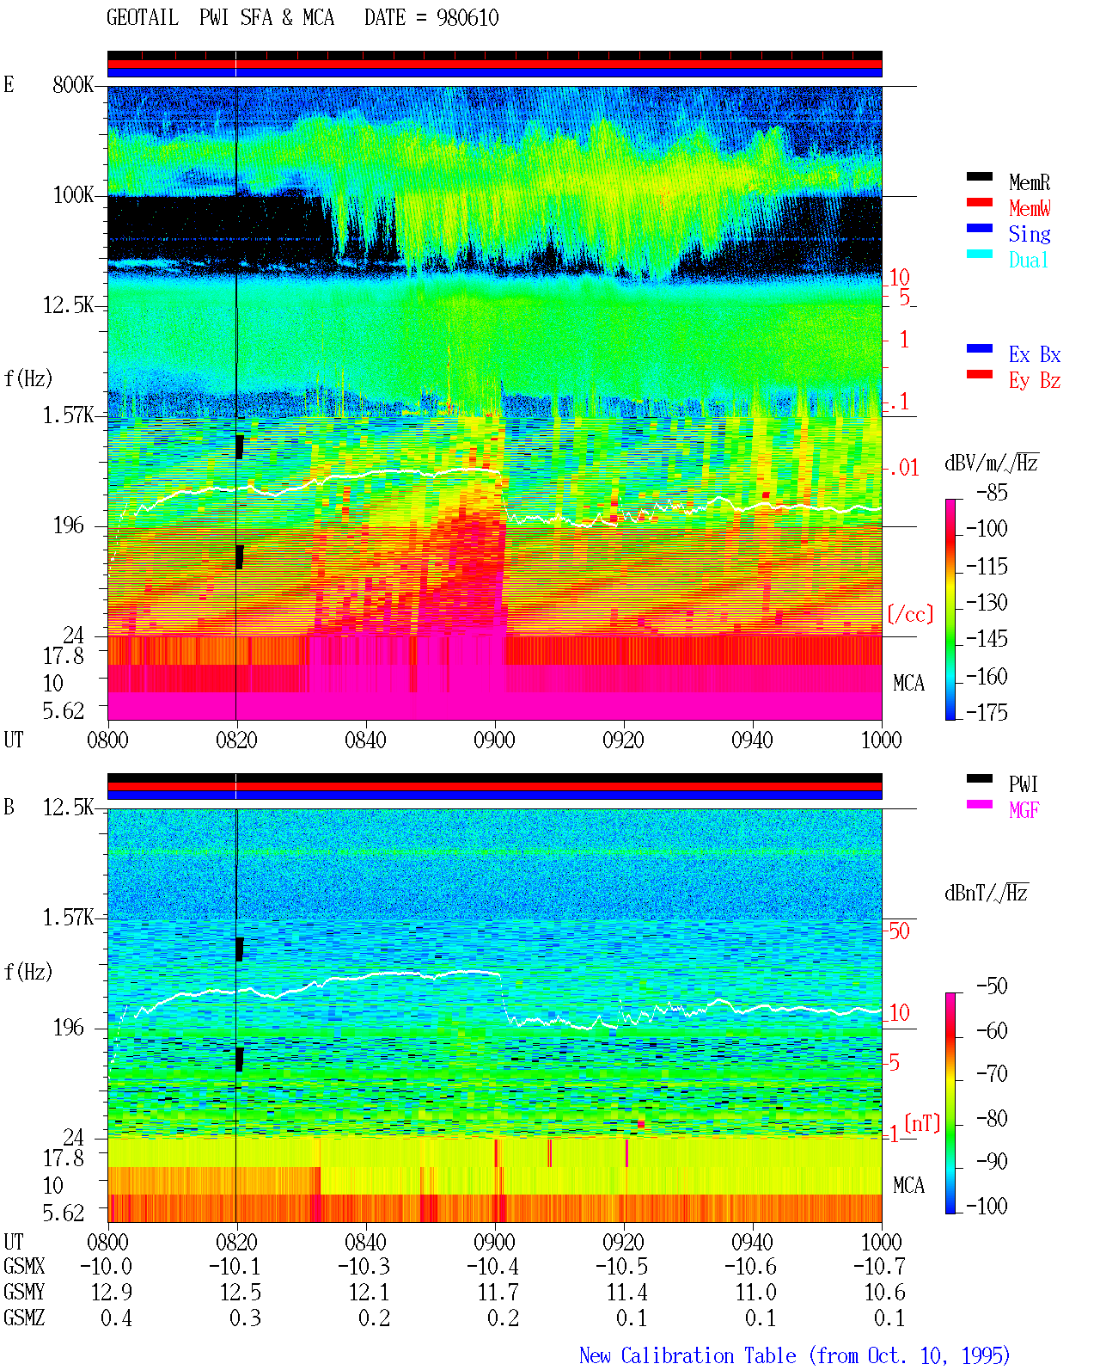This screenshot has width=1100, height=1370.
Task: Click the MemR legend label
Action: click(x=1029, y=182)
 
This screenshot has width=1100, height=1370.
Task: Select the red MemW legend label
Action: click(x=1030, y=208)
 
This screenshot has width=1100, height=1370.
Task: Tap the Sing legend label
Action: click(x=1029, y=234)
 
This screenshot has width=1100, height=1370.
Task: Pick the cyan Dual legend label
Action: click(x=1028, y=260)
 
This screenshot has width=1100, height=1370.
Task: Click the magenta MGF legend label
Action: click(x=1024, y=810)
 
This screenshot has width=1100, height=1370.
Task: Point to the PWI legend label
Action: click(x=1023, y=784)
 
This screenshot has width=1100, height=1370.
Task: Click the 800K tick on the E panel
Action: click(x=73, y=84)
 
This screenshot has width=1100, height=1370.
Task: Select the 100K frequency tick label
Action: click(x=73, y=195)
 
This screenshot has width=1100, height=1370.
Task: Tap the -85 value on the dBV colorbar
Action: click(x=992, y=492)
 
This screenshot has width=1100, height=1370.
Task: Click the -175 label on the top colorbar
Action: click(x=987, y=712)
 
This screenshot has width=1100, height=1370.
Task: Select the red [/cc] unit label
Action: click(x=910, y=614)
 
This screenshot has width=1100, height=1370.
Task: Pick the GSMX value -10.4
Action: click(x=492, y=1267)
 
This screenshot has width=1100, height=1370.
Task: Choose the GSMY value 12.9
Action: click(x=112, y=1293)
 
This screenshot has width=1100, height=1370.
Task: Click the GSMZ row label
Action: click(x=24, y=1318)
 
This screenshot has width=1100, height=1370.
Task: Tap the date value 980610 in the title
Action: click(x=467, y=18)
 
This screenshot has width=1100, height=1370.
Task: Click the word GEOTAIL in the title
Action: click(x=143, y=18)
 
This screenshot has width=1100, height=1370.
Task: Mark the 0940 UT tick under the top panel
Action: click(x=752, y=740)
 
